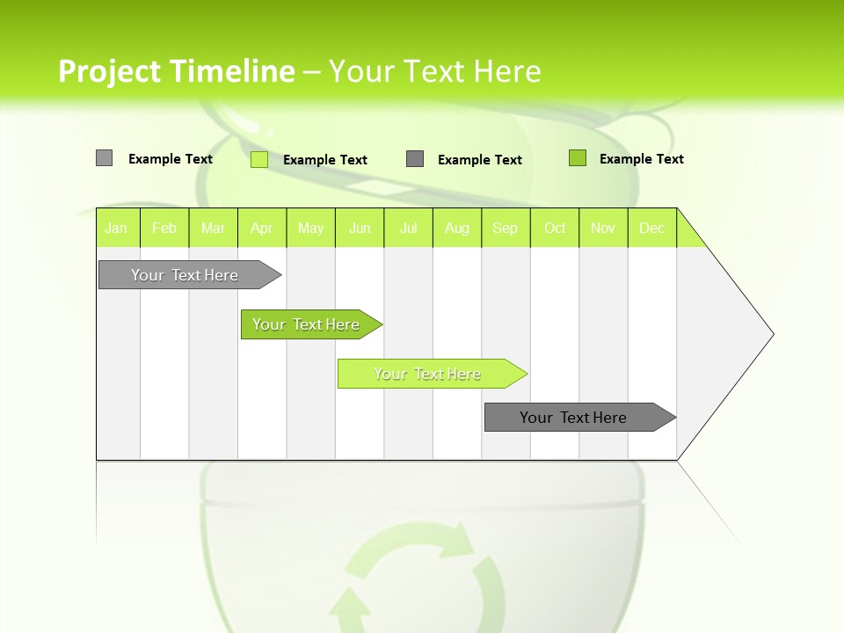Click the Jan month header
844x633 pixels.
(x=116, y=229)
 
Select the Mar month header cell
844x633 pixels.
(x=213, y=229)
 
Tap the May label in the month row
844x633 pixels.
(x=310, y=229)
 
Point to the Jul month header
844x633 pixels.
(x=408, y=229)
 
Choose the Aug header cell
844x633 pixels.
(x=456, y=229)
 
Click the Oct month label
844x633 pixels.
(x=555, y=229)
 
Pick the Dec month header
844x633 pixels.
(x=651, y=229)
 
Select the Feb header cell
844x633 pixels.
(x=164, y=229)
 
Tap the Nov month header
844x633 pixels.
(x=603, y=229)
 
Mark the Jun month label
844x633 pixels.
(x=360, y=229)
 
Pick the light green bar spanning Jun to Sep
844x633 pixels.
(x=429, y=374)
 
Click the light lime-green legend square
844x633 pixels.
(x=259, y=159)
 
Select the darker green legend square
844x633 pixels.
(x=578, y=158)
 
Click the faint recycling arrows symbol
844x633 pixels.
(x=422, y=576)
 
